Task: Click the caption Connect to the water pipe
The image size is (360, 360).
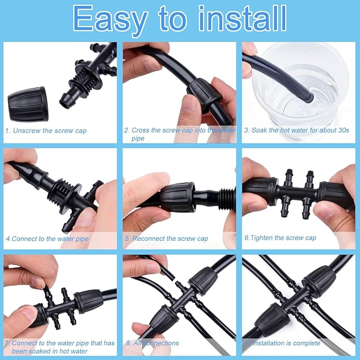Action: point(50,239)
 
